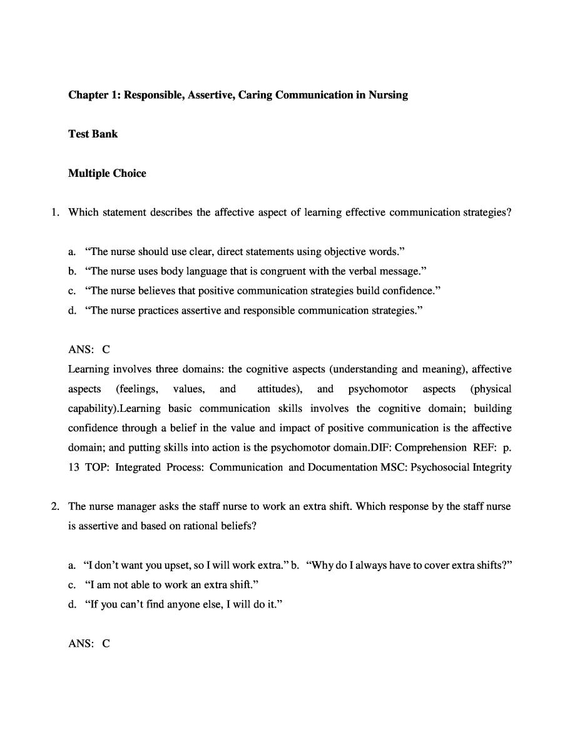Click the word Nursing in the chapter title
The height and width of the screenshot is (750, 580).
pos(388,95)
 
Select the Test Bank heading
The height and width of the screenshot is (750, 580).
pos(93,134)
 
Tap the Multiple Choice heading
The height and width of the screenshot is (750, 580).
pos(107,173)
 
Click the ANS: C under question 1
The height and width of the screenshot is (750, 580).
pos(89,349)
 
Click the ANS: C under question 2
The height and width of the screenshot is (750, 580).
pos(89,643)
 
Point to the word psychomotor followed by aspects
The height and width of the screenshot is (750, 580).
pos(377,389)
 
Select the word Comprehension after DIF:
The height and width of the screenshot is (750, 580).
pos(430,447)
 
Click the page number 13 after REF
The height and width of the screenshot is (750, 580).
pos(74,467)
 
